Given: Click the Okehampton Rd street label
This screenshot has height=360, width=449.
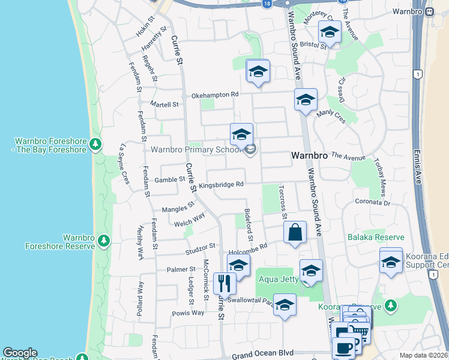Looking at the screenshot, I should click(215, 95).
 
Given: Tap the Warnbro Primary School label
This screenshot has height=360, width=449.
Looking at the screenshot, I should click(196, 149).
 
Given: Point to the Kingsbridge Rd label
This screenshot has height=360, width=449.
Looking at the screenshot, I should click(221, 185).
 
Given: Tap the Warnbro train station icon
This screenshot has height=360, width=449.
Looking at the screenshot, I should click(429, 11).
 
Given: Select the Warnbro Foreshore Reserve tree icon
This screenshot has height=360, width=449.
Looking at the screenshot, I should click(104, 241).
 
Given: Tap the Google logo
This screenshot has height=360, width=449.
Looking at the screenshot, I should click(20, 353).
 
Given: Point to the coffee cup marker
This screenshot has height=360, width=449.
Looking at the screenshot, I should click(344, 347).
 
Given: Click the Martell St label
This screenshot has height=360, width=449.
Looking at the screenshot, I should click(164, 104).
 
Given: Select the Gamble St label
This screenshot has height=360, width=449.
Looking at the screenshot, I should click(169, 179).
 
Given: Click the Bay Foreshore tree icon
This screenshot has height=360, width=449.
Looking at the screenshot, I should click(95, 144).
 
